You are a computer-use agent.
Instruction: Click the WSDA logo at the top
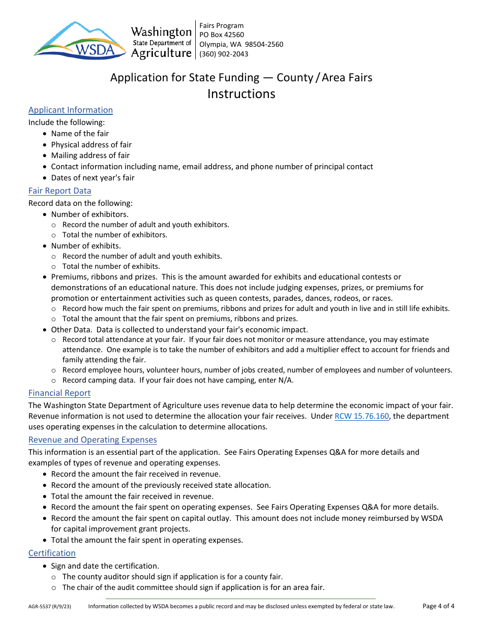(80, 40)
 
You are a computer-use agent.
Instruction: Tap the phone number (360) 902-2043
(224, 54)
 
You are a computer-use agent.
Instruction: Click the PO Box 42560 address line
(222, 35)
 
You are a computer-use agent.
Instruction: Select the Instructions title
(241, 94)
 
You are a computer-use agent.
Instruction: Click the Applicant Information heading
(71, 110)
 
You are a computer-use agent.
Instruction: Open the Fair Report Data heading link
(60, 191)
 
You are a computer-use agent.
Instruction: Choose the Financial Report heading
(59, 393)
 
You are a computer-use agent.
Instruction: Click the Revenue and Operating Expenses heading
(93, 440)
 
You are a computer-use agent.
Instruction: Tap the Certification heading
(52, 553)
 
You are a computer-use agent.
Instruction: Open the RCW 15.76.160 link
(361, 416)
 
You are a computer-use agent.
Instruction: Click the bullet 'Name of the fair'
(80, 134)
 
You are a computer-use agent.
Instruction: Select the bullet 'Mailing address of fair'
(90, 155)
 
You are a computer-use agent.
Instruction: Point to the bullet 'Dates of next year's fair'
(93, 178)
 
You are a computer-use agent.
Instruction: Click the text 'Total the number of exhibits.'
(111, 266)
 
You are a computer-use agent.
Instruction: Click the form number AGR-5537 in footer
(42, 606)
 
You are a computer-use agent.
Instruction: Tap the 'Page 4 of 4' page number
(438, 606)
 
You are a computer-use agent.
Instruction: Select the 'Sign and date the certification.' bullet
(105, 566)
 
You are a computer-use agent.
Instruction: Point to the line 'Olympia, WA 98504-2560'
(241, 45)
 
